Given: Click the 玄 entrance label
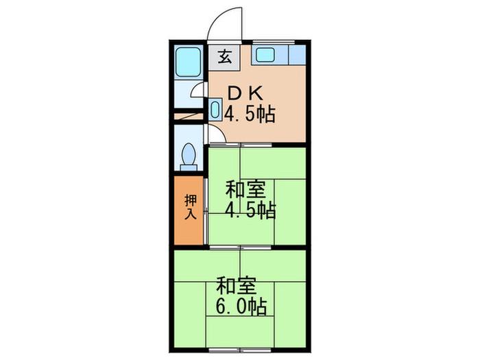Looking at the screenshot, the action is coord(225,57).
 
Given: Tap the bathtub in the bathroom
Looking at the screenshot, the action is coord(189,62).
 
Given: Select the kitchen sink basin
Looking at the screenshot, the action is coord(265,55).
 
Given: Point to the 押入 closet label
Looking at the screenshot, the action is coord(190,207).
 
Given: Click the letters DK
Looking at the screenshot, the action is coord(245,94).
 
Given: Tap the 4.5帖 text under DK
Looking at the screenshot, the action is coord(250,114).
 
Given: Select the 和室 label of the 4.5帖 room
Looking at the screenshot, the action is coord(245,190).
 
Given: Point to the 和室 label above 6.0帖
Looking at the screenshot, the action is coord(236,286).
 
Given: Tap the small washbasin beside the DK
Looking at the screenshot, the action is coord(215,109).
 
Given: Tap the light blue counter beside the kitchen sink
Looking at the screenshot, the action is coord(297,55).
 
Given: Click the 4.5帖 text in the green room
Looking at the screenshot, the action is coord(250,211).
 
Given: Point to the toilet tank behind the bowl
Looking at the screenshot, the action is coord(189,168).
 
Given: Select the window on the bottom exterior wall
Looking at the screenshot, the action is coord(240,349).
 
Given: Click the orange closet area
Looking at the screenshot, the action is coord(189,211).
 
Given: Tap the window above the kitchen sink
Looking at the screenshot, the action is coord(273,43).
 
